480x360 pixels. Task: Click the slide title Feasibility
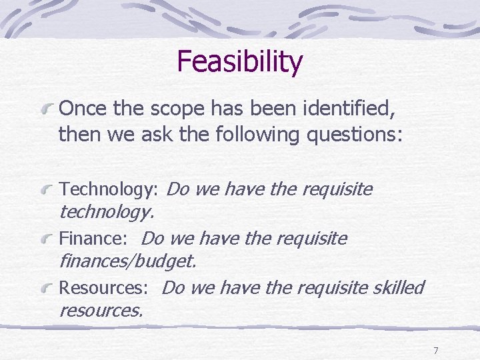pyautogui.click(x=239, y=62)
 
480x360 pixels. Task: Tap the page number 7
pyautogui.click(x=435, y=351)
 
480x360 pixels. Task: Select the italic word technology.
pyautogui.click(x=107, y=213)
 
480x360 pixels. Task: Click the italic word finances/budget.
pyautogui.click(x=127, y=261)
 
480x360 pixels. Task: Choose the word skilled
pyautogui.click(x=399, y=287)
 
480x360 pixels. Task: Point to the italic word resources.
pyautogui.click(x=101, y=310)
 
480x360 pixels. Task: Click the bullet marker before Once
pyautogui.click(x=47, y=108)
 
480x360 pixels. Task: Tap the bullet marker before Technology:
pyautogui.click(x=47, y=191)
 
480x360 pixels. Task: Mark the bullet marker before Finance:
pyautogui.click(x=47, y=239)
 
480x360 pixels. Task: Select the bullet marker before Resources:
pyautogui.click(x=47, y=288)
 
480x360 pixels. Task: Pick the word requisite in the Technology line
pyautogui.click(x=337, y=190)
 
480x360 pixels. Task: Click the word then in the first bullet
pyautogui.click(x=78, y=135)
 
